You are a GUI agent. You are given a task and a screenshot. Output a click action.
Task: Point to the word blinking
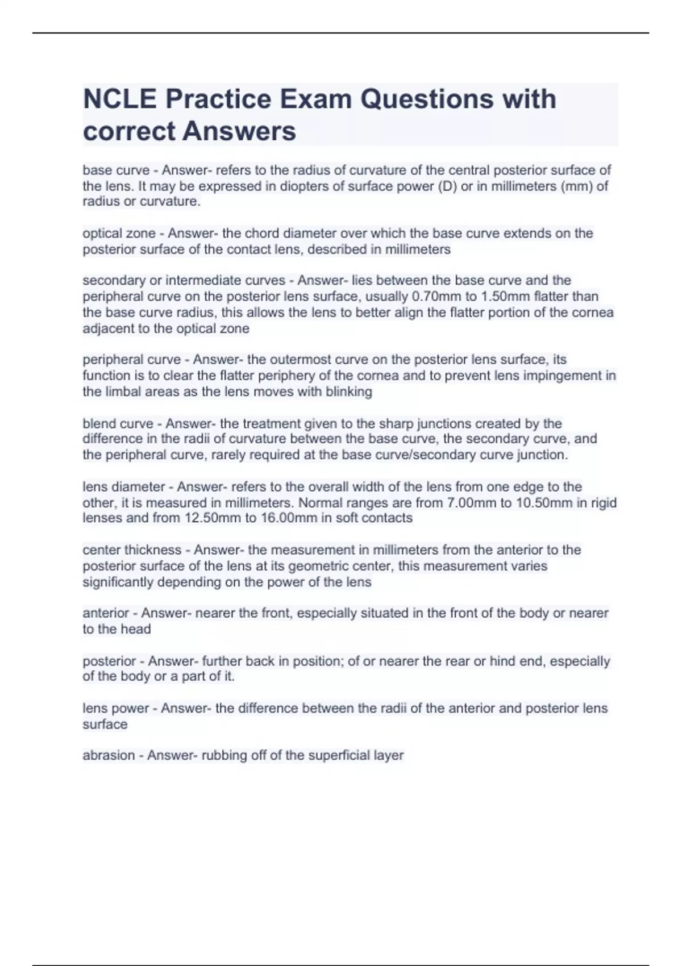click(x=349, y=392)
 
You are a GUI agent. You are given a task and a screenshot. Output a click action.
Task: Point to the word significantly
click(x=118, y=582)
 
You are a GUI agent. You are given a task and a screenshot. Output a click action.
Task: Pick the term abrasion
click(x=109, y=755)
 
